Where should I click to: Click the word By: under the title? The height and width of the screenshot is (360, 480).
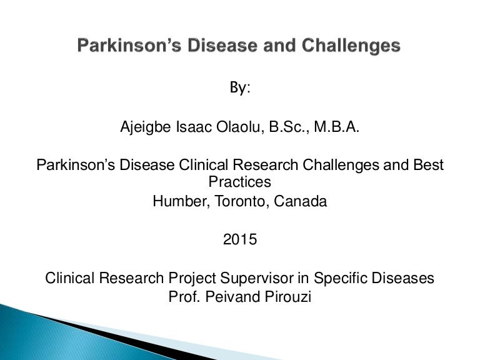tap(239, 88)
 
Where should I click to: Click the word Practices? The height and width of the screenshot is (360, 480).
tap(239, 182)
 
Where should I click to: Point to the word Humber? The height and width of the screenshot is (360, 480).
tap(176, 202)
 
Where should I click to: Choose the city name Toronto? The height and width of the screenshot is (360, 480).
tap(242, 202)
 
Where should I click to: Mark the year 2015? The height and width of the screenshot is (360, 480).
tap(240, 239)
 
